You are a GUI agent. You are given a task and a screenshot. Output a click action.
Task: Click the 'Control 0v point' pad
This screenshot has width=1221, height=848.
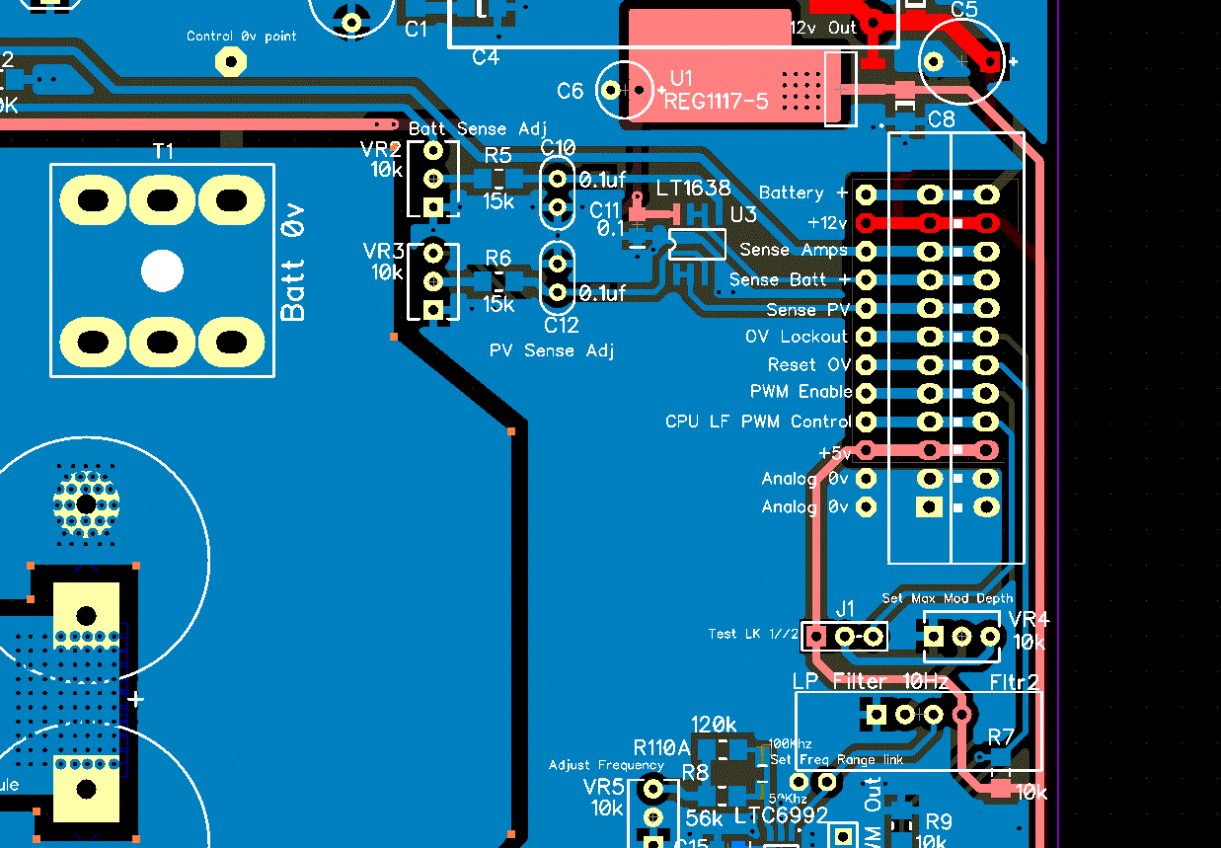(230, 61)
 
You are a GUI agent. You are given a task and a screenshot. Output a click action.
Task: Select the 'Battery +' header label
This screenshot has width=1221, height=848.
(802, 193)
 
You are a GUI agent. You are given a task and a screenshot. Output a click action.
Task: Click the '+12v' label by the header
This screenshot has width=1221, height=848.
(827, 222)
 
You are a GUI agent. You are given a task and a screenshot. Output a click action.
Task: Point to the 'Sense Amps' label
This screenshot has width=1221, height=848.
(794, 250)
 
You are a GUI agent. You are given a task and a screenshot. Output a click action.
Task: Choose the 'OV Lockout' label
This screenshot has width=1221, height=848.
(796, 337)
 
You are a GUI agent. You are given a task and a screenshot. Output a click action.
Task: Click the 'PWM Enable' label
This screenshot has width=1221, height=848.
(801, 392)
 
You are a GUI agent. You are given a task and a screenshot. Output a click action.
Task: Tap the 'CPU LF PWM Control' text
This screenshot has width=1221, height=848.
(757, 422)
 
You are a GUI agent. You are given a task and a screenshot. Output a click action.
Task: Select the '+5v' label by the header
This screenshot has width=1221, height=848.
(834, 452)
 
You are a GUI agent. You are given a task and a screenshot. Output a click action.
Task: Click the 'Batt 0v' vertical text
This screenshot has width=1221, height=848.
(293, 262)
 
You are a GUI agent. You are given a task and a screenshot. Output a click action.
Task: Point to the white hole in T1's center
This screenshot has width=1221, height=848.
(162, 270)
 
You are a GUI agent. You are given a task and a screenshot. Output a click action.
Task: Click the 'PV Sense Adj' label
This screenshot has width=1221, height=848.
(552, 350)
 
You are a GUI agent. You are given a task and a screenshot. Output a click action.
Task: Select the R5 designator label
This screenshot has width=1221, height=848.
(498, 155)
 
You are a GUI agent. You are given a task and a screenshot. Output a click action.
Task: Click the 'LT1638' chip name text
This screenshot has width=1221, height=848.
(694, 189)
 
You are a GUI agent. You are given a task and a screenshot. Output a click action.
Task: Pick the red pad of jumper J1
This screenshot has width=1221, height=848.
(815, 636)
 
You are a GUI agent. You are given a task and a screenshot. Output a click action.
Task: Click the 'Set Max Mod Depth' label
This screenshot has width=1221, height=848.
(947, 598)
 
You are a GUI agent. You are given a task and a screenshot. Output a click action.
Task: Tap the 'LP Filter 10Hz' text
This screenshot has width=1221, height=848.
(870, 681)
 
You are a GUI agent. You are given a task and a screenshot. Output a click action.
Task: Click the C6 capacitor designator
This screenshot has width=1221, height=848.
(571, 92)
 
